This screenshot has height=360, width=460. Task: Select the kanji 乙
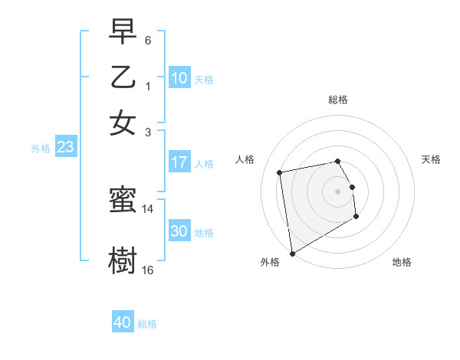(x=123, y=77)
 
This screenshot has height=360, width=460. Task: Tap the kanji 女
(x=123, y=123)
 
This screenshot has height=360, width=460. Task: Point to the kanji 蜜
(x=123, y=201)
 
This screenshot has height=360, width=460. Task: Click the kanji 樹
(x=123, y=260)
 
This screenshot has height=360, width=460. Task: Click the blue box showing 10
(x=179, y=78)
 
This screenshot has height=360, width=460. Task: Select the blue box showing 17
(x=179, y=162)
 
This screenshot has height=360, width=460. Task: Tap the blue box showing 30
(x=179, y=231)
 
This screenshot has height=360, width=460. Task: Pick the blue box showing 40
(x=123, y=322)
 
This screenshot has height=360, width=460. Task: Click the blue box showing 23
(x=65, y=148)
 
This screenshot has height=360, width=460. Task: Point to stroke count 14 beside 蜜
(x=148, y=208)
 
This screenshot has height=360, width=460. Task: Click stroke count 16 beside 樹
(x=148, y=270)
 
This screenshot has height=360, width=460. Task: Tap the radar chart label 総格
(x=337, y=100)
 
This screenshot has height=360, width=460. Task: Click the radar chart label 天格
(x=431, y=159)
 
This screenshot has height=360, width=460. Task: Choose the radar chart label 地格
(x=402, y=262)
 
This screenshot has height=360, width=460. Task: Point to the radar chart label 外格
(x=270, y=262)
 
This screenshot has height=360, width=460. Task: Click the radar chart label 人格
(x=245, y=159)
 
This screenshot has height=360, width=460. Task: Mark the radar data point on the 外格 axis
(x=292, y=253)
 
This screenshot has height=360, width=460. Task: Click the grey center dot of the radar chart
(x=337, y=191)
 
